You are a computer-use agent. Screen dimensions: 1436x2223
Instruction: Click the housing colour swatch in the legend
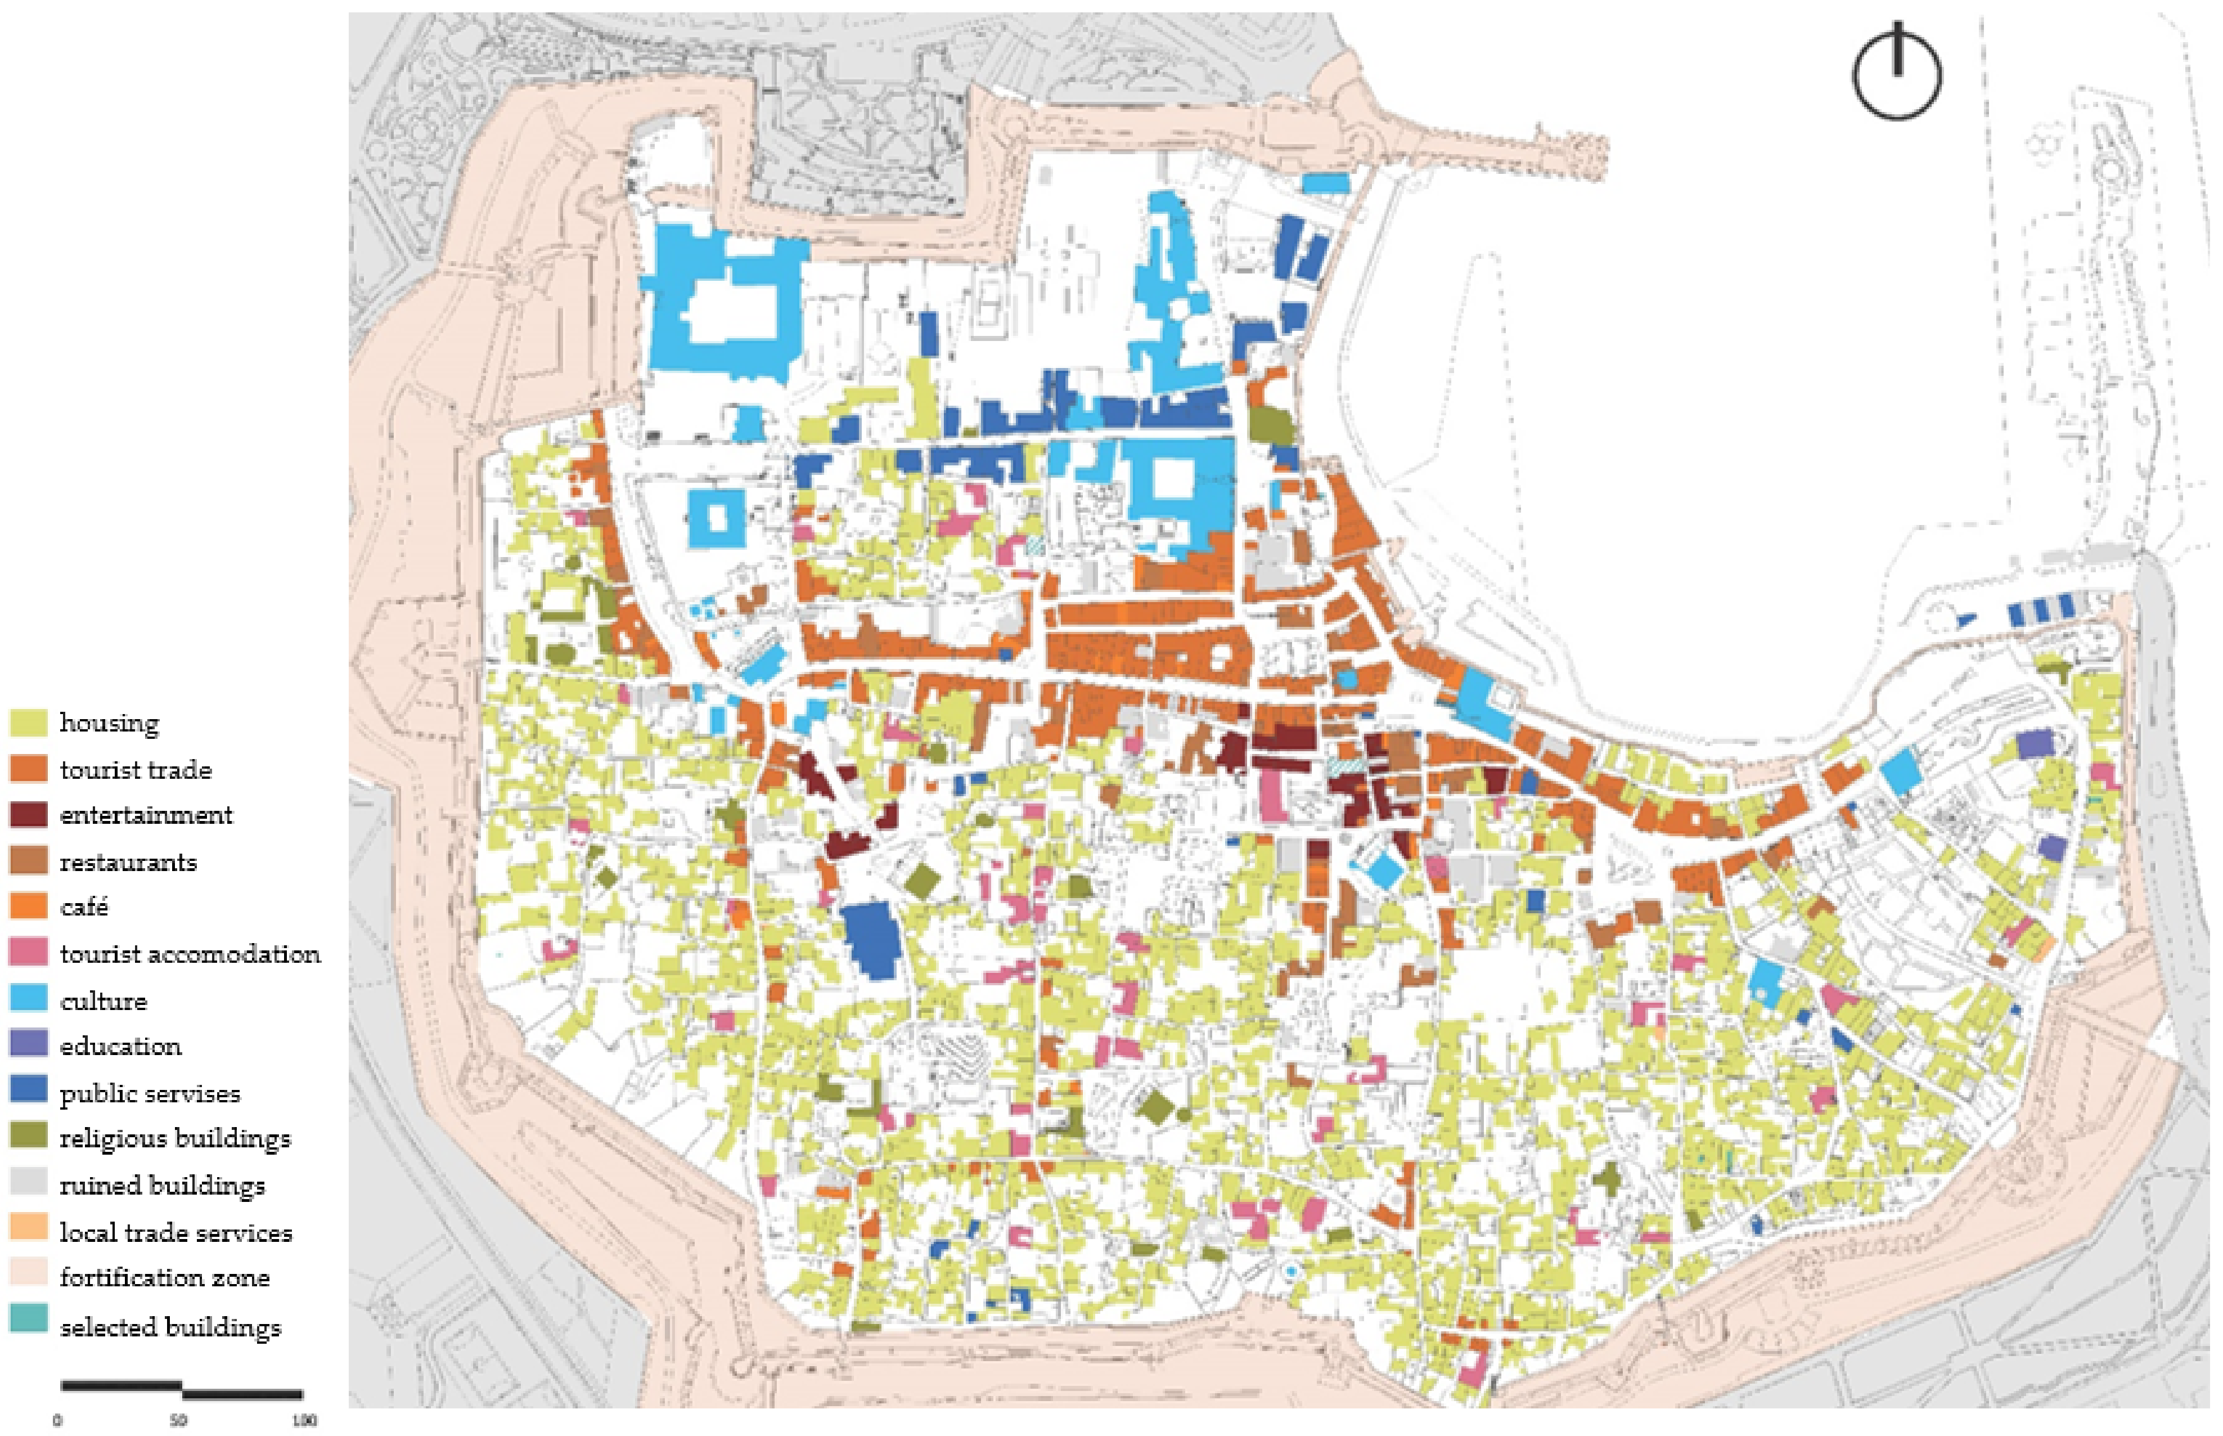point(28,723)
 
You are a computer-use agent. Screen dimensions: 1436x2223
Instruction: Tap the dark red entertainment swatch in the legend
point(28,814)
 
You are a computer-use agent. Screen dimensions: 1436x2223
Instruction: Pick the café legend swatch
point(28,905)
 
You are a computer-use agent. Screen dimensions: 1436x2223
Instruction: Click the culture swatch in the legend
point(28,999)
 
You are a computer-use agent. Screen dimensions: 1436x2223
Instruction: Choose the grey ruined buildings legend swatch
point(28,1182)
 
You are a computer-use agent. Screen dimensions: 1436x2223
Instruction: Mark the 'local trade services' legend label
point(175,1233)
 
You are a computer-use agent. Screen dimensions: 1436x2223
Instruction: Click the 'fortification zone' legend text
point(164,1277)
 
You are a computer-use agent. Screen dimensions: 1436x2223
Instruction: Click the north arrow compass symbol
point(1897,75)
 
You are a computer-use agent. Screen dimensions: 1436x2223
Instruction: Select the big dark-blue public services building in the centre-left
point(871,940)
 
